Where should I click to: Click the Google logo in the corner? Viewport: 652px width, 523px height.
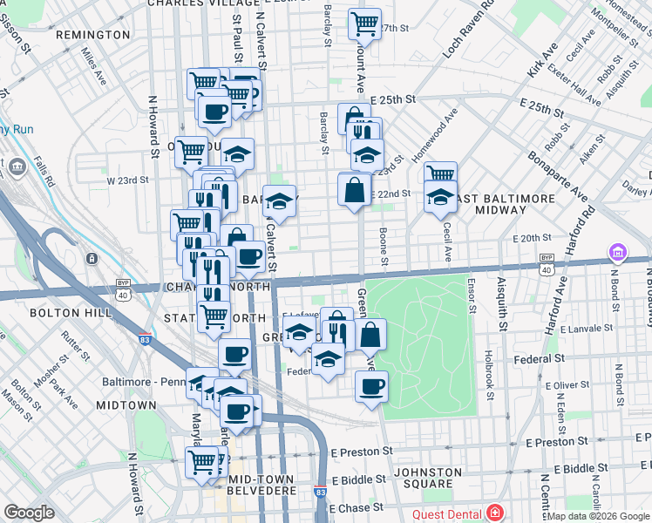click(29, 513)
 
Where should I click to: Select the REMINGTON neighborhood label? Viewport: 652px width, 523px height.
click(92, 35)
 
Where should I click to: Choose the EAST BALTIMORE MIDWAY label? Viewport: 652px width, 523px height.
click(502, 204)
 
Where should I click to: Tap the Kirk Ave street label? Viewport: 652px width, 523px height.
click(541, 59)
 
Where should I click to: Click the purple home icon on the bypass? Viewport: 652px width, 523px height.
click(618, 253)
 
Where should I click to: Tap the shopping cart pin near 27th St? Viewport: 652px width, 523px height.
click(364, 23)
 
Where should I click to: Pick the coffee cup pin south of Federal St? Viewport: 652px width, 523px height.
click(371, 385)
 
